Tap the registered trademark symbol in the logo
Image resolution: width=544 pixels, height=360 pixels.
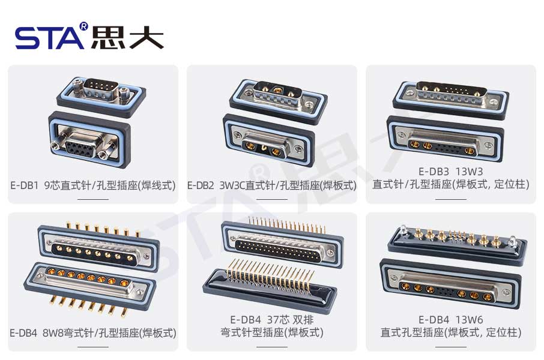click(x=83, y=26)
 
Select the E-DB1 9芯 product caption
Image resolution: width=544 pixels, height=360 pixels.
click(x=93, y=185)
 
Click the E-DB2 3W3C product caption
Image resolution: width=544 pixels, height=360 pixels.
click(x=272, y=185)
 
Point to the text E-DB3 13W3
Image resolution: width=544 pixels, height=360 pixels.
click(x=451, y=172)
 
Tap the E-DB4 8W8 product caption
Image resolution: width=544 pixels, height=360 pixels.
click(x=93, y=332)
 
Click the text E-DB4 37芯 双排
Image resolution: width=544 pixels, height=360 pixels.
click(x=272, y=319)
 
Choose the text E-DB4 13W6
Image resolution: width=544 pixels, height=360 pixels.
click(x=451, y=319)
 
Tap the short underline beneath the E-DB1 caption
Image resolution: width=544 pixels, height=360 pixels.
click(x=93, y=199)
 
